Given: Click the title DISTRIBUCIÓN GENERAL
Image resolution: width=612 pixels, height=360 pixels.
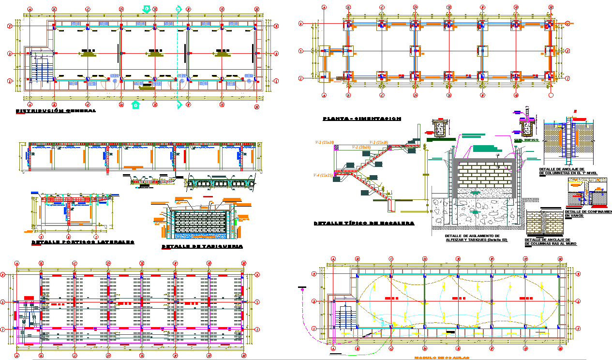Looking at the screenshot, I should (56, 111).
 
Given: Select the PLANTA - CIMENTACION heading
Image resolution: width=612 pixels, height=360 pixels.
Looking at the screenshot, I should (362, 119).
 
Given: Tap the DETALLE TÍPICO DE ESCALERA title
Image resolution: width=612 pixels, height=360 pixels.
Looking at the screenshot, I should (364, 224).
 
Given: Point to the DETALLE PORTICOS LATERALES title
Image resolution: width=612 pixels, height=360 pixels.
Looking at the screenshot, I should (83, 242).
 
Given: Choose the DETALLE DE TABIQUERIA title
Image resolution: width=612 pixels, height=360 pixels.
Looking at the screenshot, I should (202, 247).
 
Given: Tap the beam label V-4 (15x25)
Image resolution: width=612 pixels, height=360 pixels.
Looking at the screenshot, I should (323, 175).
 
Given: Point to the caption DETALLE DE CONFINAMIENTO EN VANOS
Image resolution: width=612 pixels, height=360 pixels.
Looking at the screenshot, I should (588, 213).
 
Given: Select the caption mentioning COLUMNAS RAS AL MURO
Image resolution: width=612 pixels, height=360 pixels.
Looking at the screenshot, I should (551, 242).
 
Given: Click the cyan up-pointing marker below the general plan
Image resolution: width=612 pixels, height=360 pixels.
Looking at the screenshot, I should (136, 105).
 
